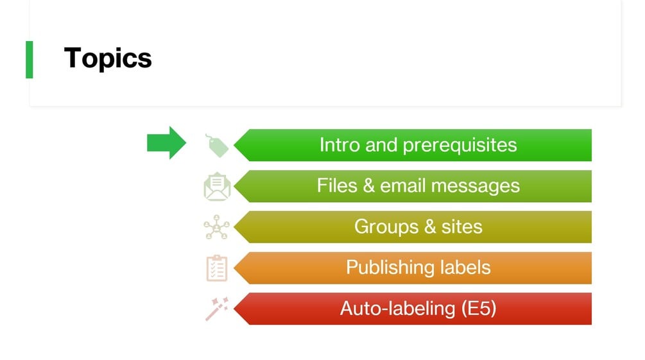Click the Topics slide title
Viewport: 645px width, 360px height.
[108, 58]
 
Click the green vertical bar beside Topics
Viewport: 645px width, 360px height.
[29, 59]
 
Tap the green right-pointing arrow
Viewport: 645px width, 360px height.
[166, 142]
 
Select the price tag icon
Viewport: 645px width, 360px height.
[217, 146]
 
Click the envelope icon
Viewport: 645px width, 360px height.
[217, 187]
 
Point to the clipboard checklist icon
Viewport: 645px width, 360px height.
[217, 268]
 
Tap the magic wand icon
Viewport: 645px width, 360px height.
[217, 309]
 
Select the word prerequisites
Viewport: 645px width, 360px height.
[459, 145]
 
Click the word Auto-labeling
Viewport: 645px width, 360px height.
[398, 309]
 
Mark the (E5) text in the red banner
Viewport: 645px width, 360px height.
[479, 309]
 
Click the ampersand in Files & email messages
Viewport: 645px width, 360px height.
[368, 185]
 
